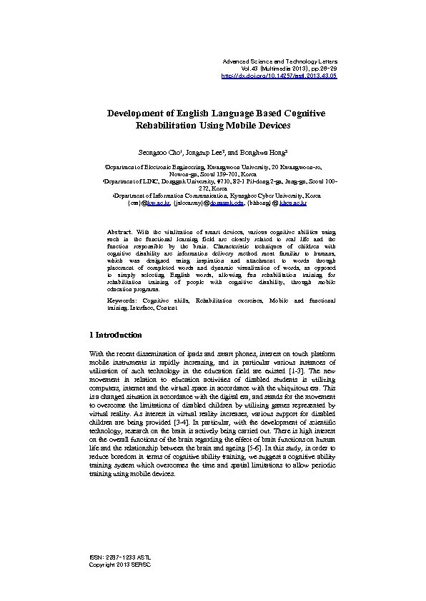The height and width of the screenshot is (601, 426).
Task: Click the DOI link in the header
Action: tap(279, 75)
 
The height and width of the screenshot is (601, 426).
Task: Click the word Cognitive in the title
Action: tap(297, 113)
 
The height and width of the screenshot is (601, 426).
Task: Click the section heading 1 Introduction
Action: tap(115, 335)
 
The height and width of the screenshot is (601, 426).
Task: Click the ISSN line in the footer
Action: tap(119, 557)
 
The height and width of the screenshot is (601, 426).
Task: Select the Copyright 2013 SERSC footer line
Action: tap(119, 564)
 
